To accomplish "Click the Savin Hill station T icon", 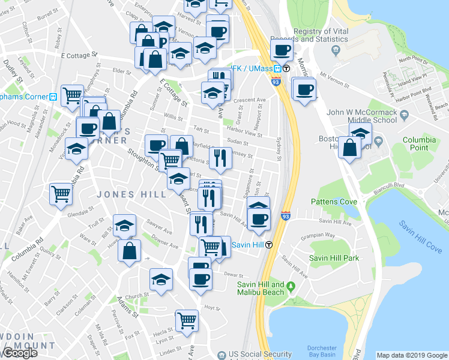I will coord(270,244).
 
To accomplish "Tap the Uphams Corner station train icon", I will coord(53,96).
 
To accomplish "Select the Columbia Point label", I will coord(419,143).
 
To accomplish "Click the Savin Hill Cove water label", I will coord(420,236).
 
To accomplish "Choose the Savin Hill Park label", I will coord(334,258).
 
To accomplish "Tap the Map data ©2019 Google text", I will coord(411,355).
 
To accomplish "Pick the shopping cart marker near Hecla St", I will coord(187,320).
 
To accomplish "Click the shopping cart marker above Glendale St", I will coord(62,193).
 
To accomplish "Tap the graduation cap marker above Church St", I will coord(160,279).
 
